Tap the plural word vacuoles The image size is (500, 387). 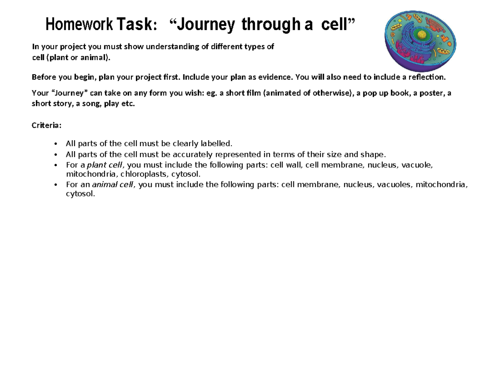pyautogui.click(x=394, y=185)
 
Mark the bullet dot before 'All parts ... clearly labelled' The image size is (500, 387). pyautogui.click(x=56, y=144)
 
